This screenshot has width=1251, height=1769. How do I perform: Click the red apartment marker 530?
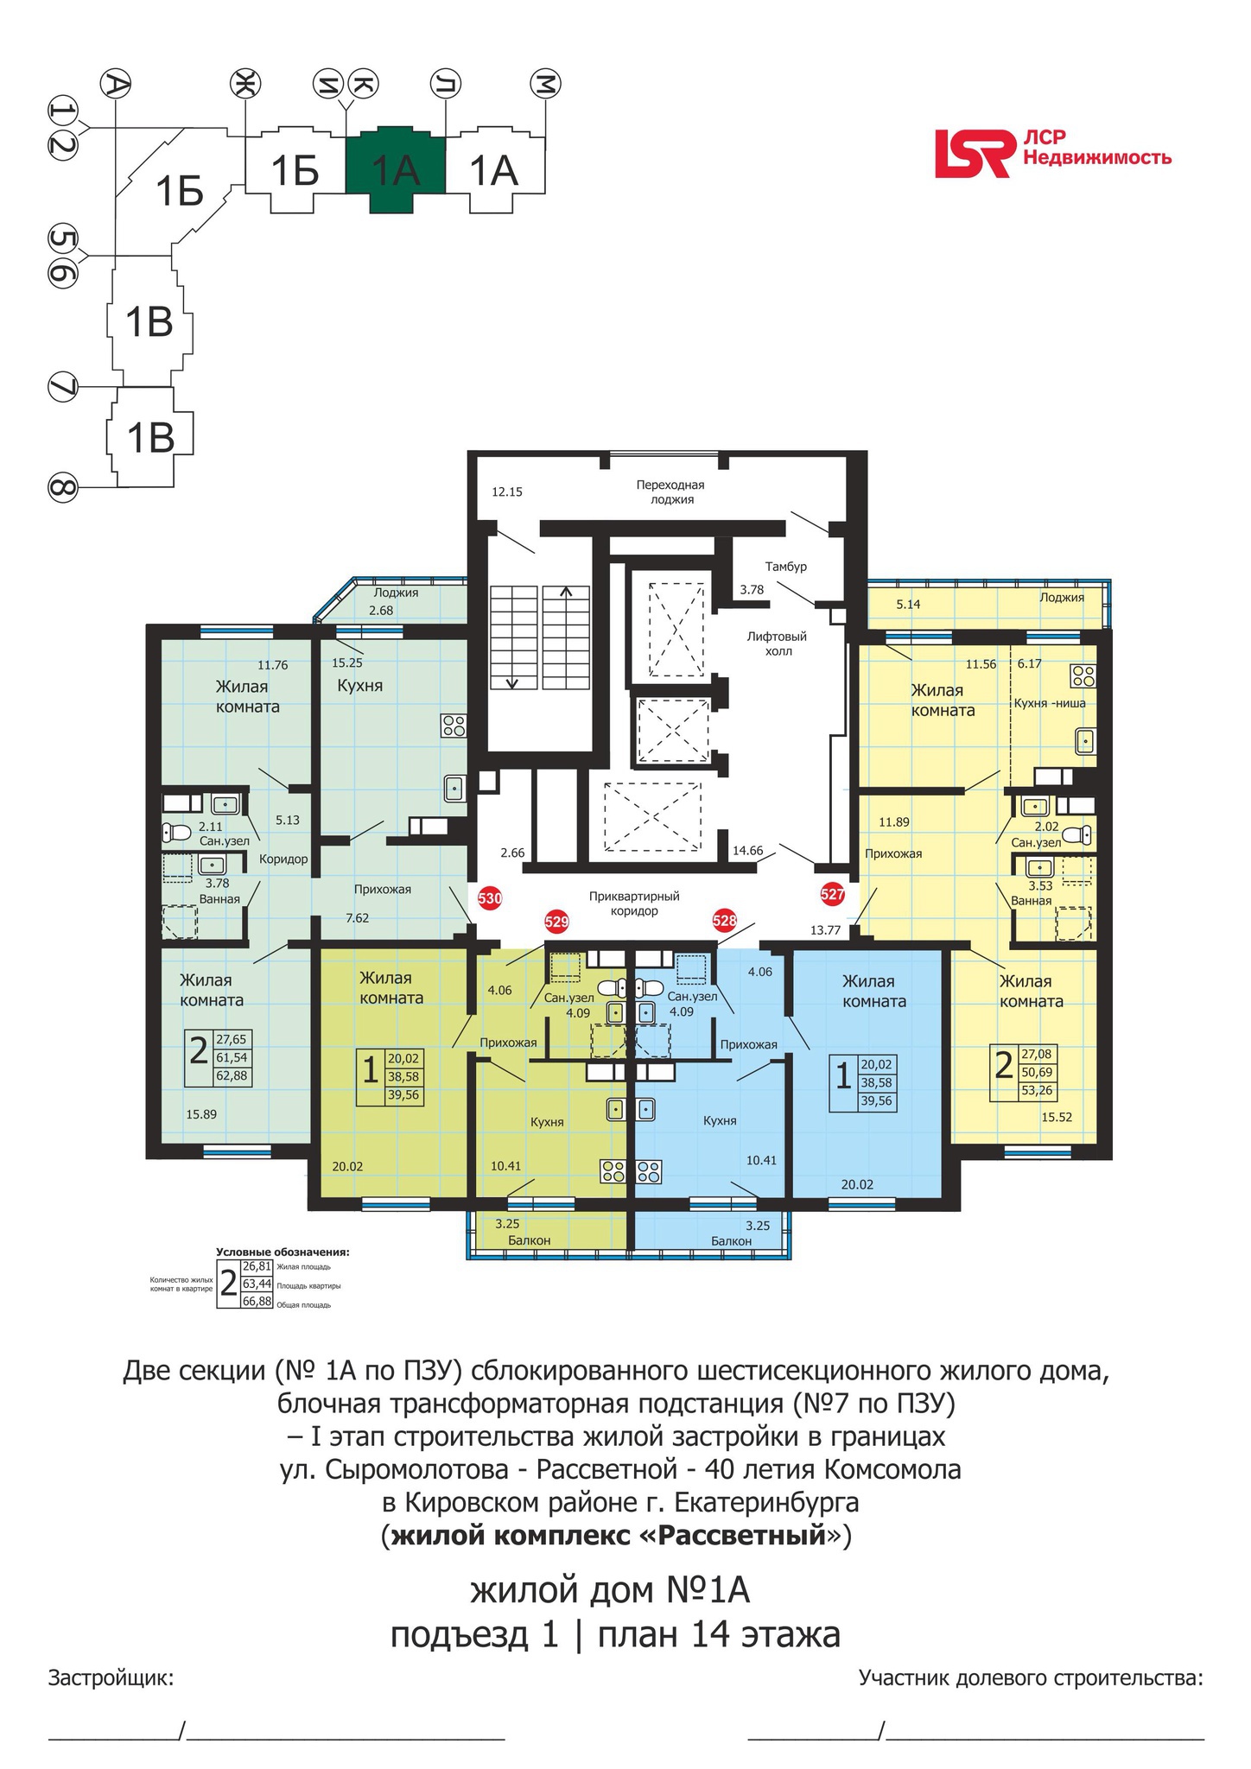tap(490, 898)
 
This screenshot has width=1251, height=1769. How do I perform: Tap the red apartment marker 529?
tap(557, 922)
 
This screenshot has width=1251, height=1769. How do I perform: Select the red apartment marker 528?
tap(724, 921)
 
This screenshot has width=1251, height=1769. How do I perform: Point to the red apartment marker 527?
tap(832, 895)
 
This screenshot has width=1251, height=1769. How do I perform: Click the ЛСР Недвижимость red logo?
tap(1053, 154)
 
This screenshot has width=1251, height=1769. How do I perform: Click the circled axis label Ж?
tap(244, 84)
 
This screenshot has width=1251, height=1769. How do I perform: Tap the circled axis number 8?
tap(61, 488)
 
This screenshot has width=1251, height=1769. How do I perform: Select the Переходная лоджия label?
tap(672, 492)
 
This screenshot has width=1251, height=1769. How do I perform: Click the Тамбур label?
tap(786, 567)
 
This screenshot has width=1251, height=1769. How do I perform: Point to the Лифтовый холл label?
tap(778, 644)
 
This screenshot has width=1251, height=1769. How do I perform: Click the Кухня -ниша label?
tap(1050, 703)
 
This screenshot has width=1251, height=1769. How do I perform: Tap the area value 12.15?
tap(507, 492)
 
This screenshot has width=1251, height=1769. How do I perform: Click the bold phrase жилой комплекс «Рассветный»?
tap(617, 1538)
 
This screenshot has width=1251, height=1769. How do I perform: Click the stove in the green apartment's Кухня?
tap(454, 725)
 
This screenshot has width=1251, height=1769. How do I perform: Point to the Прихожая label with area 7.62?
tap(382, 889)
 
